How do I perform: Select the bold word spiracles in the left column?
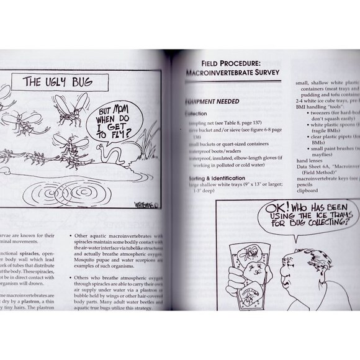36,256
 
